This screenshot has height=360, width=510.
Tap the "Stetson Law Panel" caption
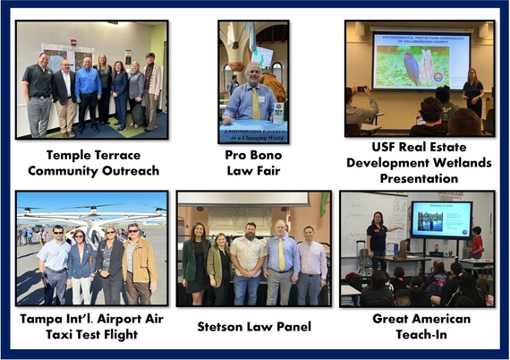pos(253,326)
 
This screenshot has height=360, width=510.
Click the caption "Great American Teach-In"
pos(416,326)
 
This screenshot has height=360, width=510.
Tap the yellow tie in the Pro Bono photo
pos(256,102)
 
